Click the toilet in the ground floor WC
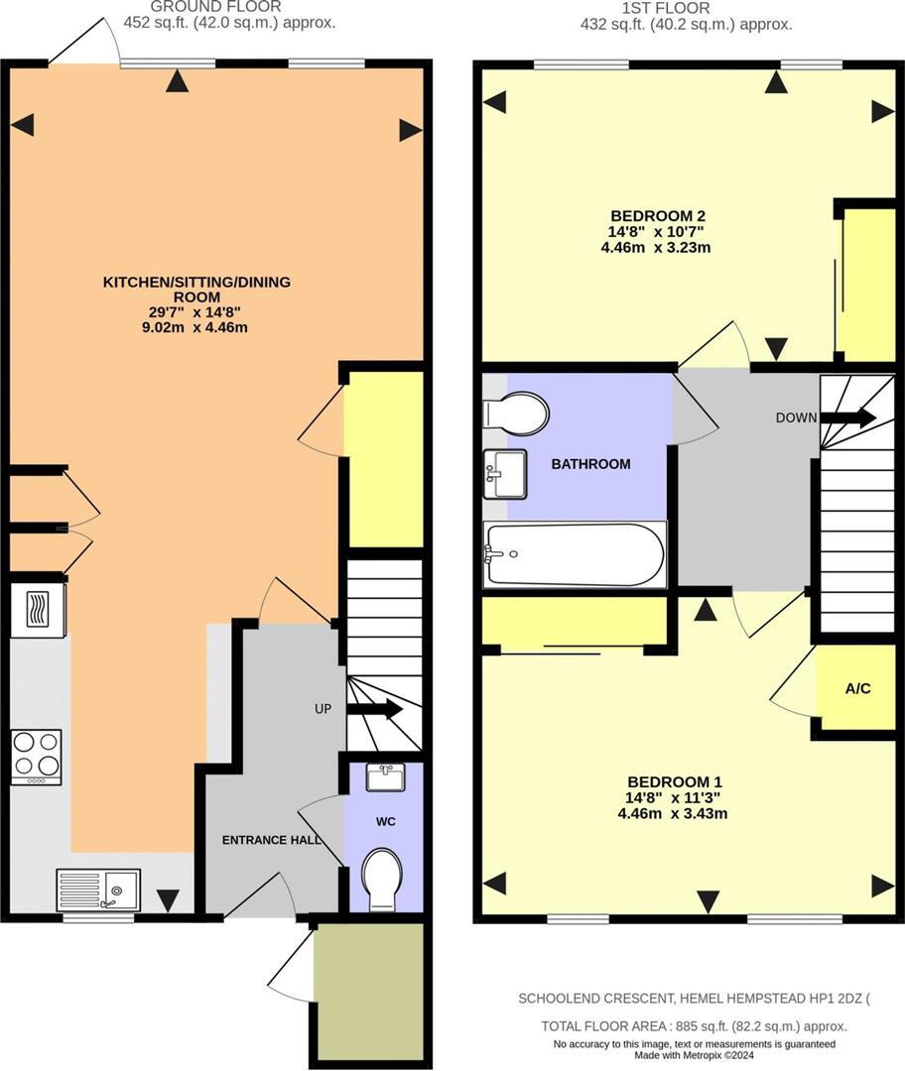tap(381, 878)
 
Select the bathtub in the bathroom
tap(575, 555)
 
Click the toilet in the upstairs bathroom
tap(517, 413)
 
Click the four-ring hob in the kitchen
tap(36, 757)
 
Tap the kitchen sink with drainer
tap(98, 890)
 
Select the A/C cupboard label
tap(857, 688)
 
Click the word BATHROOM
tap(590, 464)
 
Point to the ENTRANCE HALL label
tap(271, 840)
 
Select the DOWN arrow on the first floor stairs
tap(848, 417)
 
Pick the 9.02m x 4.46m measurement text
tap(194, 326)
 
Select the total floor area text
tap(694, 1026)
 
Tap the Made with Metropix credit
tap(694, 1056)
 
